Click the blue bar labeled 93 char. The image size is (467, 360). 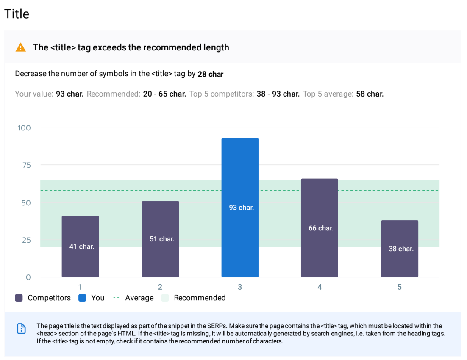click(x=240, y=208)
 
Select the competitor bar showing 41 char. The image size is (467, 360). click(x=81, y=246)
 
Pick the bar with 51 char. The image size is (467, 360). click(x=160, y=239)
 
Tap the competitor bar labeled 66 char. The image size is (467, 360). click(x=320, y=228)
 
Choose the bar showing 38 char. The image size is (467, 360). click(x=399, y=249)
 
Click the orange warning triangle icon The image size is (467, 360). click(x=20, y=47)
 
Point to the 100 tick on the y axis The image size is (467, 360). click(x=24, y=127)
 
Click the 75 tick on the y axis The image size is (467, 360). click(x=27, y=165)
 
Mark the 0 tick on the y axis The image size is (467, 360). click(x=28, y=277)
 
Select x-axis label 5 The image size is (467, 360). click(x=399, y=287)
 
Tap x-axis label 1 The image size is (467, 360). click(x=80, y=287)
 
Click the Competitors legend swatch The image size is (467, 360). click(x=19, y=298)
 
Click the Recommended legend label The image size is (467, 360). click(x=200, y=298)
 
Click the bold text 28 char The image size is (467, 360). click(x=211, y=74)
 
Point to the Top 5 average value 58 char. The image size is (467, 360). click(x=370, y=94)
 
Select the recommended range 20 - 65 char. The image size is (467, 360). click(x=164, y=94)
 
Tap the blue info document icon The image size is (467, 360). click(x=21, y=329)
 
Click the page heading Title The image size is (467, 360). click(x=17, y=14)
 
